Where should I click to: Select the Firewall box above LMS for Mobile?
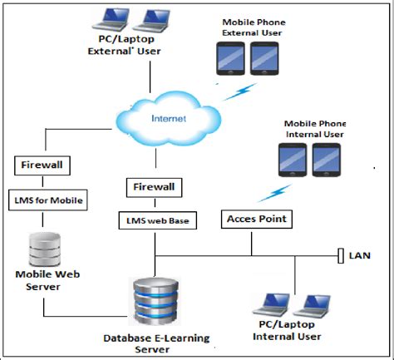[41, 164]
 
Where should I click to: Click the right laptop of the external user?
[155, 18]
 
